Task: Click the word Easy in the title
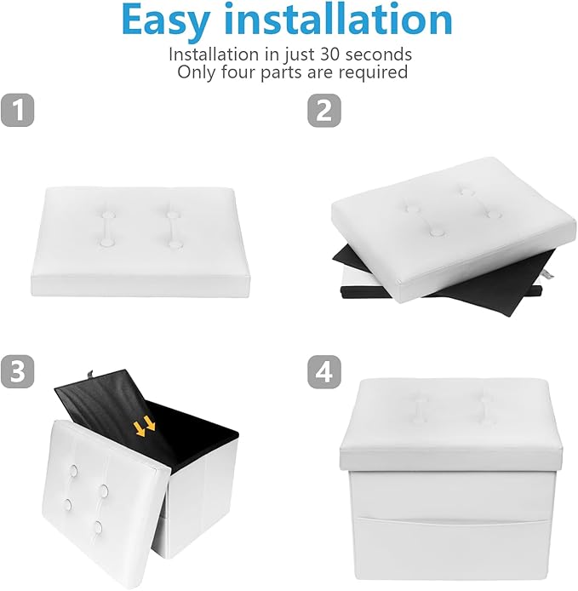(x=165, y=20)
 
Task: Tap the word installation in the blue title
(x=341, y=19)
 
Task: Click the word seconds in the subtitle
(x=378, y=55)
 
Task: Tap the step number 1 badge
(x=17, y=110)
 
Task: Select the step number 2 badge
(x=324, y=110)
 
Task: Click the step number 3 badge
(x=17, y=371)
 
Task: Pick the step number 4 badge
(x=324, y=371)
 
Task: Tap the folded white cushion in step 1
(x=140, y=241)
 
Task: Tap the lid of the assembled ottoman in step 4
(x=450, y=424)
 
